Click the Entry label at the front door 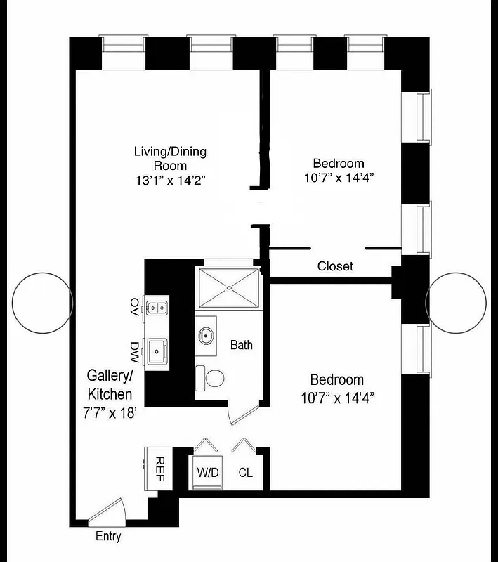click(x=108, y=536)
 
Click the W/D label click(x=209, y=473)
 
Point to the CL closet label click(x=245, y=473)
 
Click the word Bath click(x=242, y=345)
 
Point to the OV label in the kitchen click(x=134, y=306)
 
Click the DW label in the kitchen click(x=134, y=349)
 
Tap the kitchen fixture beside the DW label click(x=157, y=350)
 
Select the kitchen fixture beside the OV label click(x=157, y=307)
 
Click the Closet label click(x=335, y=266)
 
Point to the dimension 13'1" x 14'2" click(x=170, y=180)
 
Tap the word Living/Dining click(x=170, y=152)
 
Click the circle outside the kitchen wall click(x=40, y=302)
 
